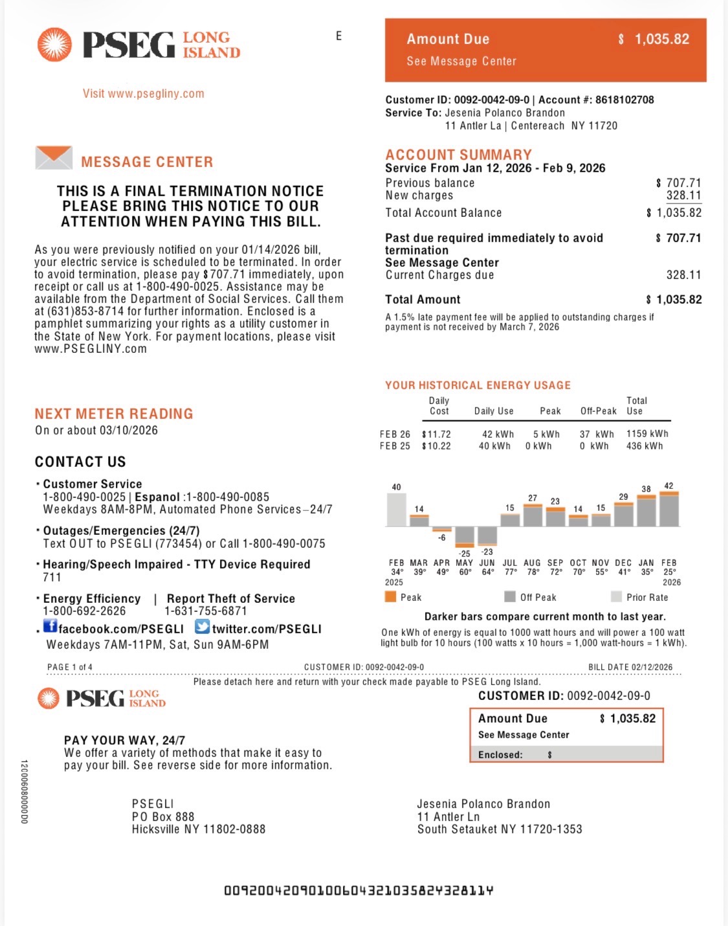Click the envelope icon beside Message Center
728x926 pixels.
click(x=54, y=158)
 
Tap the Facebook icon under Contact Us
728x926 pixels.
click(x=50, y=626)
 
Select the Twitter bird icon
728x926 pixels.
click(x=202, y=626)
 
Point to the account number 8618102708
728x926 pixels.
click(x=624, y=100)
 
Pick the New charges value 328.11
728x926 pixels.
click(x=683, y=196)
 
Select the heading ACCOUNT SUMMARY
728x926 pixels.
click(x=458, y=155)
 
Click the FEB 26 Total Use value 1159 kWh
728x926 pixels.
click(x=647, y=434)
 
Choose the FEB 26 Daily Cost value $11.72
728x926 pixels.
click(x=437, y=435)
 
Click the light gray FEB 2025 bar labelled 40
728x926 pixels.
click(x=396, y=510)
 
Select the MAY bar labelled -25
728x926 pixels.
click(x=465, y=536)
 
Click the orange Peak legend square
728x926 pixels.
click(x=390, y=597)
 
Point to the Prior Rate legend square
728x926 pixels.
click(x=616, y=597)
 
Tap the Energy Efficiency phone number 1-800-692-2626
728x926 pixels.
click(x=84, y=611)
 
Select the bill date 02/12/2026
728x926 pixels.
click(x=652, y=667)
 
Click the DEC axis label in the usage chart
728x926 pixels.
click(x=623, y=563)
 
